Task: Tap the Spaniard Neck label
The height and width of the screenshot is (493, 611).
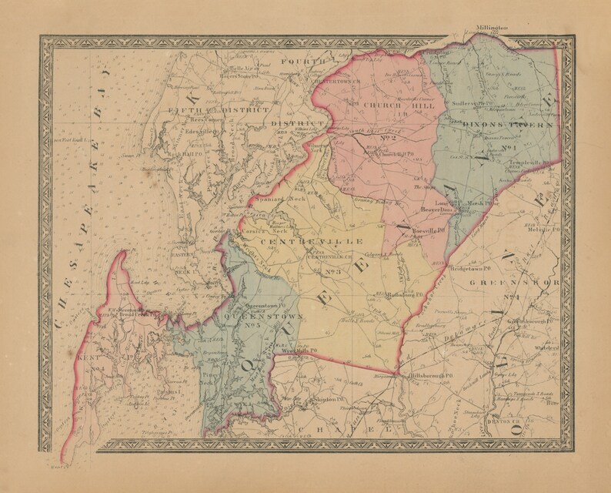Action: [x=275, y=199]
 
